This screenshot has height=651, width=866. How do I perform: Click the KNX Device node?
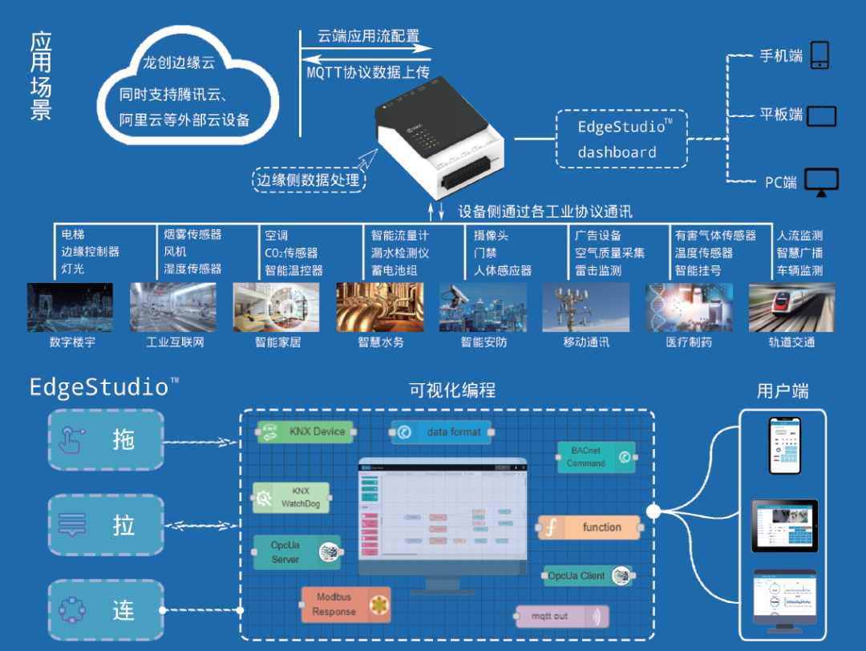click(x=306, y=431)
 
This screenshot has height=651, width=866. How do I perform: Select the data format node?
click(x=441, y=431)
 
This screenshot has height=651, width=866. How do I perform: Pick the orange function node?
click(x=589, y=528)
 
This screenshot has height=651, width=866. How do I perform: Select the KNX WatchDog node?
click(x=291, y=498)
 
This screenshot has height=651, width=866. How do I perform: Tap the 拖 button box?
click(x=106, y=439)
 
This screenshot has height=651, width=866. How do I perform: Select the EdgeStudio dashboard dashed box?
click(x=621, y=139)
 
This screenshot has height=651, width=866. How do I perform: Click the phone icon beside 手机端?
click(x=819, y=55)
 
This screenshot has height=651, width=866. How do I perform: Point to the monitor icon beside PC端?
click(x=821, y=181)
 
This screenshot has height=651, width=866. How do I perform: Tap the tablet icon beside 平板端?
click(x=821, y=115)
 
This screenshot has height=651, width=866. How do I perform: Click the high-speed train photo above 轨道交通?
click(x=791, y=307)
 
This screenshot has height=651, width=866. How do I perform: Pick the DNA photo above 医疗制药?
click(x=689, y=307)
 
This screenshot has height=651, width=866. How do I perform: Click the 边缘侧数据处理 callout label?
click(x=308, y=180)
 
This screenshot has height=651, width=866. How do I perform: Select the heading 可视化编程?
click(x=452, y=390)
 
